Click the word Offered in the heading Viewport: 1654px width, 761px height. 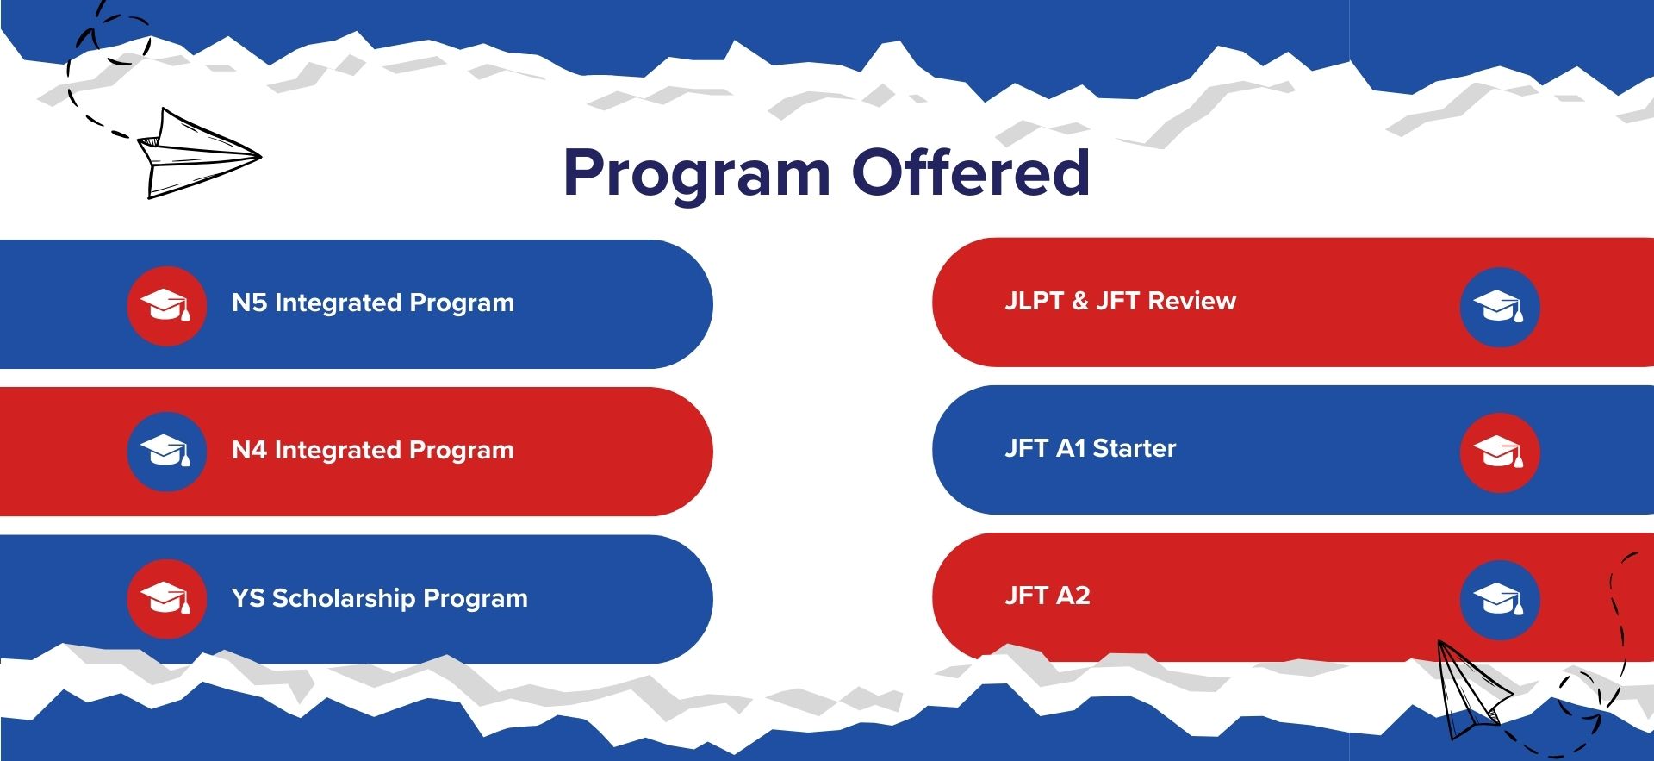971,171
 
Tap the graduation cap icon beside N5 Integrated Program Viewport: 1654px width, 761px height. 166,306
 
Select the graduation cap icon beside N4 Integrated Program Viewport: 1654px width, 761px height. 166,452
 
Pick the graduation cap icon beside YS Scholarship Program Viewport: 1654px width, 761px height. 166,599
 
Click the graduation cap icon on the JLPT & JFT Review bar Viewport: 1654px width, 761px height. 1500,308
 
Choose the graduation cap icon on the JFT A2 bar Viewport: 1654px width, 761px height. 1500,600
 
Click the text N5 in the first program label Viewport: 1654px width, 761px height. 249,303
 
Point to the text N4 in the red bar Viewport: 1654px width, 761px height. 249,450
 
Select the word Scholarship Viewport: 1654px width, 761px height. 344,598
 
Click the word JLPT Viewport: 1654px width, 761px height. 1035,301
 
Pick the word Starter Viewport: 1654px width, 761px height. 1134,448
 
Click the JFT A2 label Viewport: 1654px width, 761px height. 1048,596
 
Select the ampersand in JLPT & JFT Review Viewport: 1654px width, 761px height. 1080,301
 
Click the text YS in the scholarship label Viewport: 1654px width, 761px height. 248,597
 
